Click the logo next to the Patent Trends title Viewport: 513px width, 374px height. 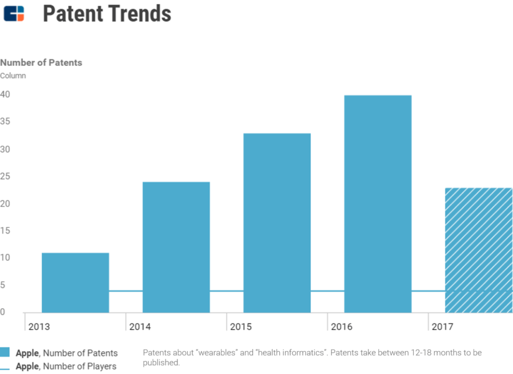tap(14, 13)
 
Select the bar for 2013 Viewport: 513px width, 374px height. tap(75, 283)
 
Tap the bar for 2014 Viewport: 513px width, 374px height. tap(176, 247)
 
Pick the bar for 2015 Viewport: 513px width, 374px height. tap(277, 223)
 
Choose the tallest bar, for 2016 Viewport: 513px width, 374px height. tap(378, 204)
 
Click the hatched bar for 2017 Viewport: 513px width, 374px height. tap(478, 250)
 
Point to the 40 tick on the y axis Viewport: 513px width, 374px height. tap(6, 94)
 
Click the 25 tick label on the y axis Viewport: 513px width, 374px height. tap(6, 177)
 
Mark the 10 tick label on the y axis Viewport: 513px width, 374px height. tap(6, 258)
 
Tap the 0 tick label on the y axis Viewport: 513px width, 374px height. tap(3, 312)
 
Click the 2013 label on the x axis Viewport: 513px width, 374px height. tap(39, 327)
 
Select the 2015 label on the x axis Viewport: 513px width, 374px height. tap(241, 327)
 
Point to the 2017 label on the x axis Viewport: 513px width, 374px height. tap(442, 327)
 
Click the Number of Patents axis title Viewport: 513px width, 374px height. tap(41, 62)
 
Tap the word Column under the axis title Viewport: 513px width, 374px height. tap(13, 76)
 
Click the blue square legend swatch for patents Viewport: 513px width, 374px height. tap(5, 352)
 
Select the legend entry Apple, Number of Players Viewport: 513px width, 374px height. tap(66, 366)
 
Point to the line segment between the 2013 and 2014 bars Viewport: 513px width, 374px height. tap(126, 291)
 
